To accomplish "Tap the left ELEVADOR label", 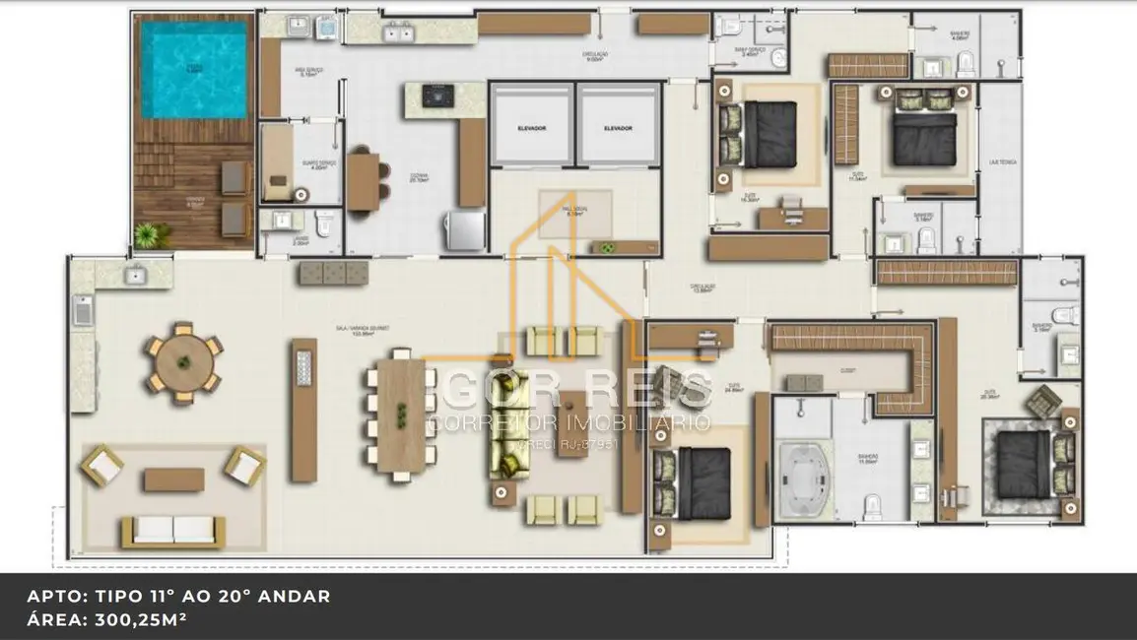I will click(531, 129).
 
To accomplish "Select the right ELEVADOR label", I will click(618, 129).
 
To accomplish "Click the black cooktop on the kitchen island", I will click(438, 96).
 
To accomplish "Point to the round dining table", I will click(183, 362).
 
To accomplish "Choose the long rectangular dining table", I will click(400, 415).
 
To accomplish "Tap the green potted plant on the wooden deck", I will click(148, 234).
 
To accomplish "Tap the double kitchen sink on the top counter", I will click(398, 33).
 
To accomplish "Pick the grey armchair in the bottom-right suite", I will click(1041, 400).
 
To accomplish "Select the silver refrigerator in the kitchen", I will click(464, 230).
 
